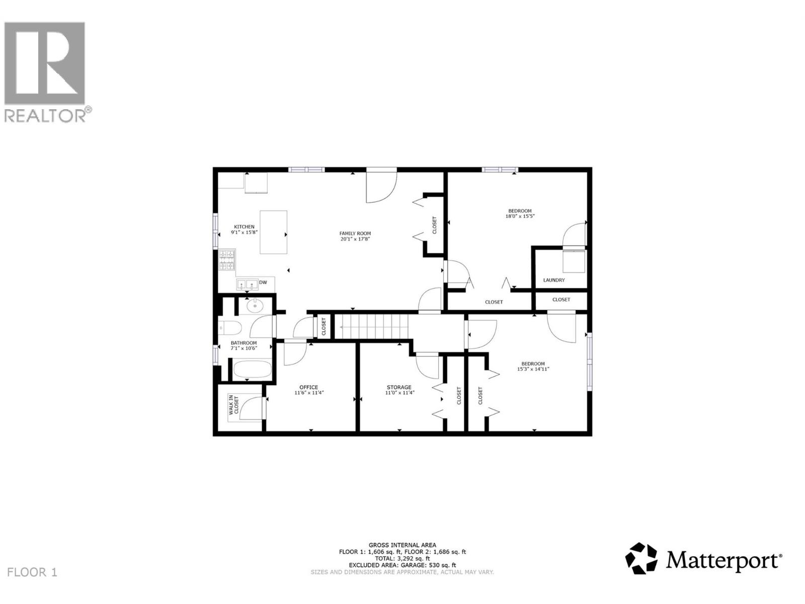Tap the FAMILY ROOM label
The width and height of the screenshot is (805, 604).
coord(355,234)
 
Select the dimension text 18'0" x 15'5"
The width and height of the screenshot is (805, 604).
coord(520,216)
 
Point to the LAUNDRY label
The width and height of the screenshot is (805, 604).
coord(554,280)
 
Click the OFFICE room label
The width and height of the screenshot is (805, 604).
coord(308,387)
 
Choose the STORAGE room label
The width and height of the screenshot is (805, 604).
coord(399,387)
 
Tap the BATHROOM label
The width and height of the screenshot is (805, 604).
coord(244,343)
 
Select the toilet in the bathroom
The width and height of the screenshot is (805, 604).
coord(230,328)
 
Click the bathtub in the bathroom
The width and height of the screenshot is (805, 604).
coord(252,370)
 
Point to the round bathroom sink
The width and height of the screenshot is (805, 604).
coord(256,304)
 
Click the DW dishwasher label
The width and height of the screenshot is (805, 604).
coord(263,283)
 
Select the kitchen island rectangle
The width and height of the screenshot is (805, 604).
coord(273,232)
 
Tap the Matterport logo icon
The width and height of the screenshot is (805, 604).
coord(641,558)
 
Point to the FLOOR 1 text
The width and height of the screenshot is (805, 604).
coord(33,572)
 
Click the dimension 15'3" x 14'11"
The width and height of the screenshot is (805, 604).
coord(533,369)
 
